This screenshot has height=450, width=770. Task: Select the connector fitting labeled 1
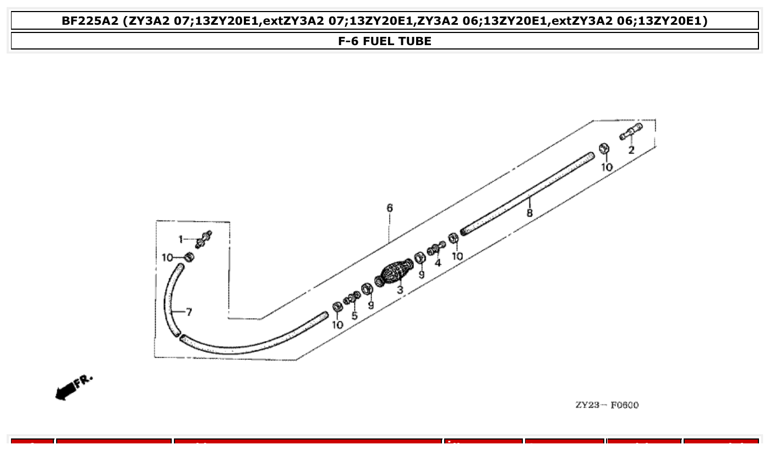tap(204, 239)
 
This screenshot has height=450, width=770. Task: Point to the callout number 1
tap(180, 239)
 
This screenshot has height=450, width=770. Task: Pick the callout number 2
tap(631, 150)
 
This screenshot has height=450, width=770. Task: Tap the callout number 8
tap(529, 213)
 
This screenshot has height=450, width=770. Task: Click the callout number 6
tap(390, 208)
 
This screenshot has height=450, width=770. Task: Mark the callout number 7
tap(189, 312)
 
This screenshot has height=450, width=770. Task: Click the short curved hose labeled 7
tap(172, 300)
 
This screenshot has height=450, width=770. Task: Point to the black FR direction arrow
tap(67, 390)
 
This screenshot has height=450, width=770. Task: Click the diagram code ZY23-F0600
tap(607, 405)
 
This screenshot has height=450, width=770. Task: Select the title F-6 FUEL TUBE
tap(385, 41)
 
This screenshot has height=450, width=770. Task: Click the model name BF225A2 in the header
tap(90, 21)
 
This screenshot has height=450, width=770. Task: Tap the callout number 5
tap(354, 316)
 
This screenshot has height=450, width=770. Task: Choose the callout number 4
tap(438, 263)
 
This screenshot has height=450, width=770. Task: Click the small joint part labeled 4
tap(435, 249)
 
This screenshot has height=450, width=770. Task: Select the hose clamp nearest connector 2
tap(603, 149)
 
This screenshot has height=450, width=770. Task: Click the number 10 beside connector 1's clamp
tap(168, 257)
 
